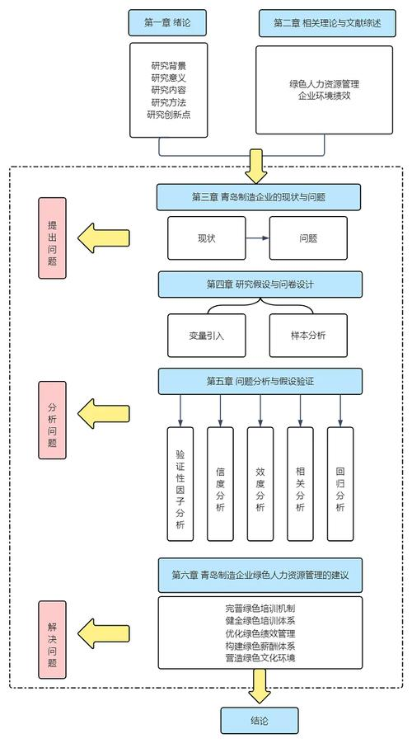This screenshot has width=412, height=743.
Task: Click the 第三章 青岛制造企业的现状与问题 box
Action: point(259,197)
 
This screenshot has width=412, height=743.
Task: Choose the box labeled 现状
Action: point(206,237)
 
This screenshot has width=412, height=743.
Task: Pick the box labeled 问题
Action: point(309,237)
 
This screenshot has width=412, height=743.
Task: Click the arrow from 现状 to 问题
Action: point(257,237)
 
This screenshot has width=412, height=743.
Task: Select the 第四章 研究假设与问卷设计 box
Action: point(259,285)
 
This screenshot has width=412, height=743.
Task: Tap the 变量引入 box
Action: point(206,335)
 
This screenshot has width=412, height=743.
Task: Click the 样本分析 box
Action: point(309,335)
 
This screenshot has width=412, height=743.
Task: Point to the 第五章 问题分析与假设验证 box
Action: point(259,381)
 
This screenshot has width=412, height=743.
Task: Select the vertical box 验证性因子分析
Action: point(180,483)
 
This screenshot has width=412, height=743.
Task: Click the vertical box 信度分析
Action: point(220,483)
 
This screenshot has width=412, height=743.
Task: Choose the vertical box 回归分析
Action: point(340,483)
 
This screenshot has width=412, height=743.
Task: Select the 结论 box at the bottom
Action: point(259,720)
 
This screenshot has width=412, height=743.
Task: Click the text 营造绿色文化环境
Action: point(260,658)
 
